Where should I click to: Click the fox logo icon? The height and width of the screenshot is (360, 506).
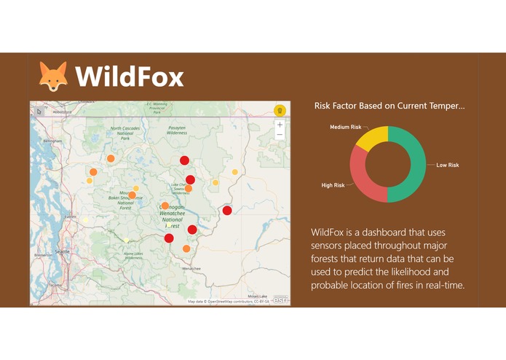53,77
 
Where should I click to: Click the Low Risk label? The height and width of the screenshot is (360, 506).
447,165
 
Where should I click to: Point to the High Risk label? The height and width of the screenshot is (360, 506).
333,185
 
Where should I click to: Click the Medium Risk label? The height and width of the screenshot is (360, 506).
345,127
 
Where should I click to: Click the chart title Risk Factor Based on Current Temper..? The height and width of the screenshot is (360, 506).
389,106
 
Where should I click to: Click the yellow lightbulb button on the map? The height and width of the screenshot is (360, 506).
279,110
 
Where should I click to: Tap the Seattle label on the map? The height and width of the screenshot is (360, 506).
62,251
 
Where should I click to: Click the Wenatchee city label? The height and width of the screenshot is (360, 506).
191,268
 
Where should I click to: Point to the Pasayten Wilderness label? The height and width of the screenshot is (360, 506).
177,130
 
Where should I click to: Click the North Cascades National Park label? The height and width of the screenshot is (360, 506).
124,133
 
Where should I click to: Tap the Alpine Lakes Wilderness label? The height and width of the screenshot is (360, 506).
133,256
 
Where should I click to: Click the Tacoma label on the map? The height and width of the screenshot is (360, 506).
55,284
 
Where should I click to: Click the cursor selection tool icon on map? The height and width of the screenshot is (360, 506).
40,111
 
